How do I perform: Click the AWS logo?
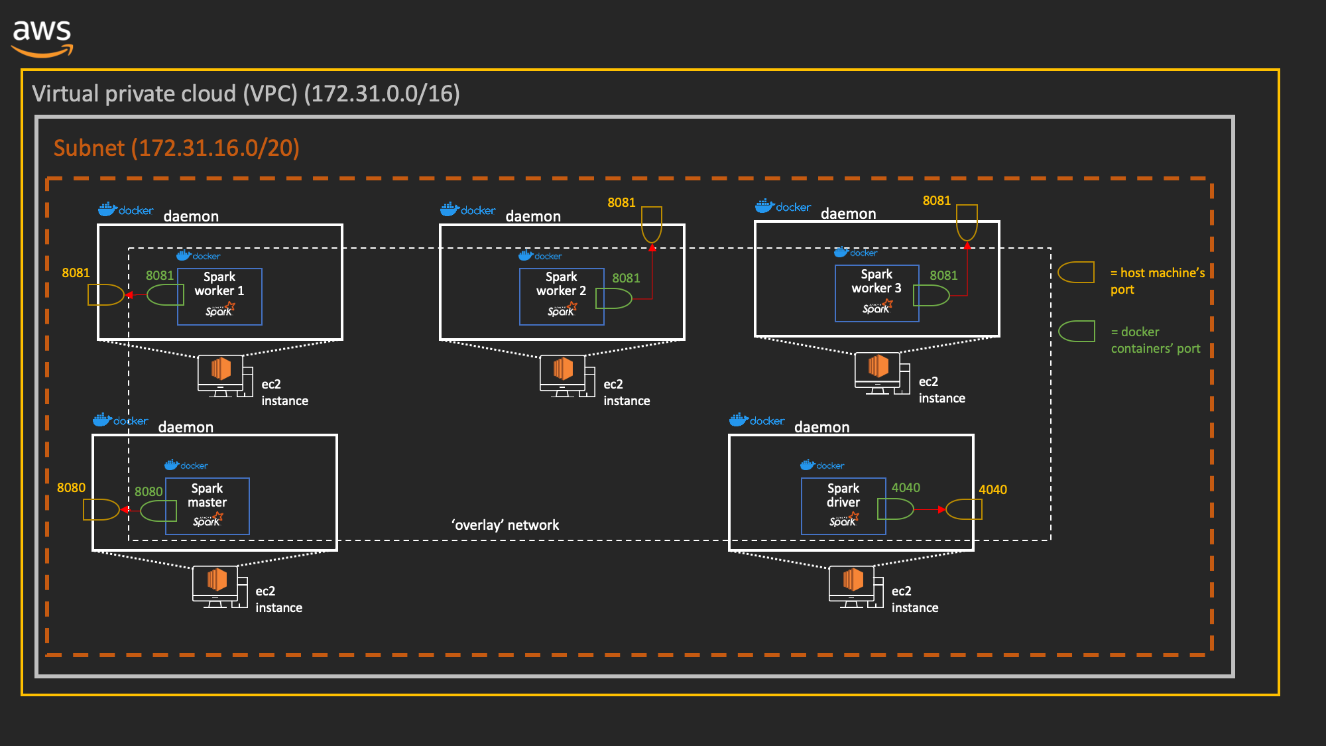tap(42, 37)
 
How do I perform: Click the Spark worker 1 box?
tap(219, 296)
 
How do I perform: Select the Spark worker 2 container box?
tap(561, 296)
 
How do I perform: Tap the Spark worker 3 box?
tap(876, 293)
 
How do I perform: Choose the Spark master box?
tap(208, 506)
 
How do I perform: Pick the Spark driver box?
tap(843, 506)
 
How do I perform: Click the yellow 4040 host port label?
tap(993, 489)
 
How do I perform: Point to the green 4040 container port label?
tap(906, 487)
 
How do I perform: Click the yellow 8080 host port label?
tap(71, 487)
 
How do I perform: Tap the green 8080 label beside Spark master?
tap(148, 491)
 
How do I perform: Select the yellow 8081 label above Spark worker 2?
tap(621, 202)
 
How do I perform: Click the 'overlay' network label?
tap(505, 525)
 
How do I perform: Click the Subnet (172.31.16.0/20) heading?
tap(176, 148)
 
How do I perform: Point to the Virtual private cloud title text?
tap(245, 93)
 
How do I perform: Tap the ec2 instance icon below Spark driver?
tap(854, 586)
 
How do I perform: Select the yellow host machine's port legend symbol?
tap(1076, 272)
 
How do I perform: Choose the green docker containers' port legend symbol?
tap(1076, 331)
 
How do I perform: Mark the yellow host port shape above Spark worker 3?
tap(967, 222)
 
